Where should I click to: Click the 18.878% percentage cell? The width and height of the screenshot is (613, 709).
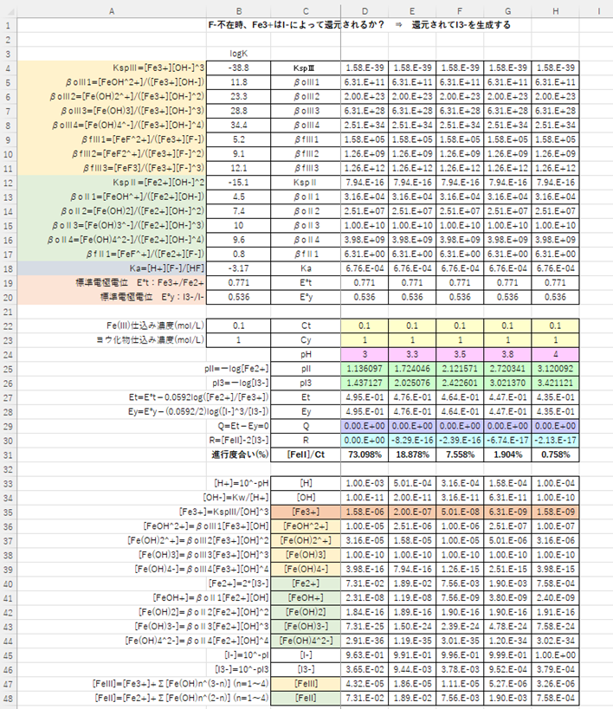coord(411,454)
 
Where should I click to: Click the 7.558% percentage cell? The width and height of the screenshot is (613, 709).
coord(459,454)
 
